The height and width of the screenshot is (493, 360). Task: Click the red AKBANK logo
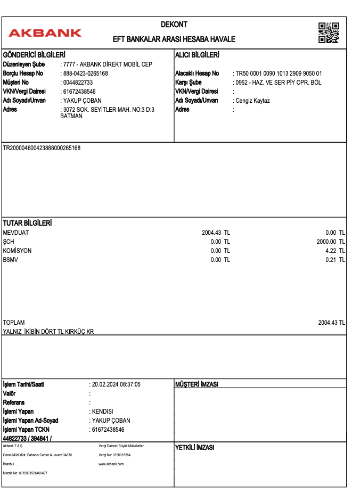[x=45, y=33]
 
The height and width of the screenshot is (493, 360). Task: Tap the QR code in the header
[x=329, y=32]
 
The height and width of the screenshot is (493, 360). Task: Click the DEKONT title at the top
[x=174, y=24]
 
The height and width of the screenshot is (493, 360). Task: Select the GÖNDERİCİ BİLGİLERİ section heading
[x=34, y=55]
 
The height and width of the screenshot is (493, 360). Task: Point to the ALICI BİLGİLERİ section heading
[x=198, y=55]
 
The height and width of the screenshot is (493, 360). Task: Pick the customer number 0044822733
[x=78, y=83]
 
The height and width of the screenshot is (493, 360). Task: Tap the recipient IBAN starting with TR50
[x=279, y=73]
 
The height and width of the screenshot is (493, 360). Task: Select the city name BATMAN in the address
[x=71, y=116]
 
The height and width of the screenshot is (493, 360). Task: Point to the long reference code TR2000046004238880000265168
[x=42, y=148]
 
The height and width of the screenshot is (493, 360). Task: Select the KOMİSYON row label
[x=17, y=251]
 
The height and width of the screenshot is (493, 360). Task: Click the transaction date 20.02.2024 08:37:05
[x=116, y=384]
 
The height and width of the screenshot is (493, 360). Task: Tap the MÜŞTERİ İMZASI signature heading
[x=197, y=384]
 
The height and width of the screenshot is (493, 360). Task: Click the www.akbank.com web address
[x=111, y=464]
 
